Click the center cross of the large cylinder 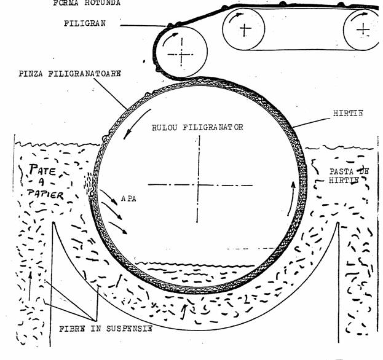(x=198, y=185)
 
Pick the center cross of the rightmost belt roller (x=365, y=28)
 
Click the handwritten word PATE (x=38, y=168)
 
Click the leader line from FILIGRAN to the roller (x=144, y=26)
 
